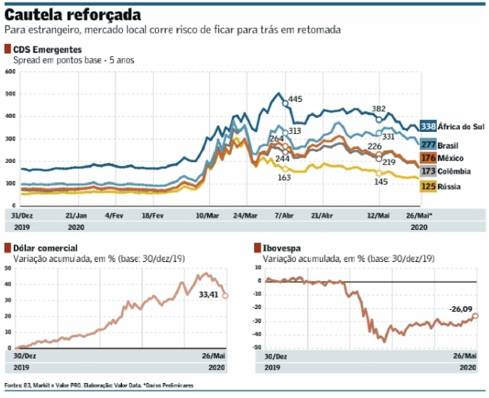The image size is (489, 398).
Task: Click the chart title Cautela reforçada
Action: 73,15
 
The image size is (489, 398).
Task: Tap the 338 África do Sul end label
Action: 452,126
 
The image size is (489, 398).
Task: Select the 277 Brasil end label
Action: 439,145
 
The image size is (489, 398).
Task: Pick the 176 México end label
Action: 442,158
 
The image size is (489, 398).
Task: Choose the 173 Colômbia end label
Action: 446,171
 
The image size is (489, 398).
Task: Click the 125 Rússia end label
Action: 440,186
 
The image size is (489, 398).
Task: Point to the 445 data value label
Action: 295,99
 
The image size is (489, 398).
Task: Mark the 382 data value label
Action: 379,109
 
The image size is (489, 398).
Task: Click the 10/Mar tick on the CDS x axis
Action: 208,216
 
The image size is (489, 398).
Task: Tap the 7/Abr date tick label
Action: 284,216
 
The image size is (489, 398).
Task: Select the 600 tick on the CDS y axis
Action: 10,72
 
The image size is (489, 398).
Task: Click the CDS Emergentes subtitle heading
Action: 47,50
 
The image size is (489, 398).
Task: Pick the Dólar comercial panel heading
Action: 45,248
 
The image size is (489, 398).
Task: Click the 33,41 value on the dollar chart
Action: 208,295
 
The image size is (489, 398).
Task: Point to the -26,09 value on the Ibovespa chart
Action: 461,309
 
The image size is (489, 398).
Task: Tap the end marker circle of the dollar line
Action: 225,296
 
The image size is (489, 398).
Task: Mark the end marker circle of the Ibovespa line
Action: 475,316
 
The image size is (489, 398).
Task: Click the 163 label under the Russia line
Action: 284,177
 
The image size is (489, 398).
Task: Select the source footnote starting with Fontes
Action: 99,385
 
